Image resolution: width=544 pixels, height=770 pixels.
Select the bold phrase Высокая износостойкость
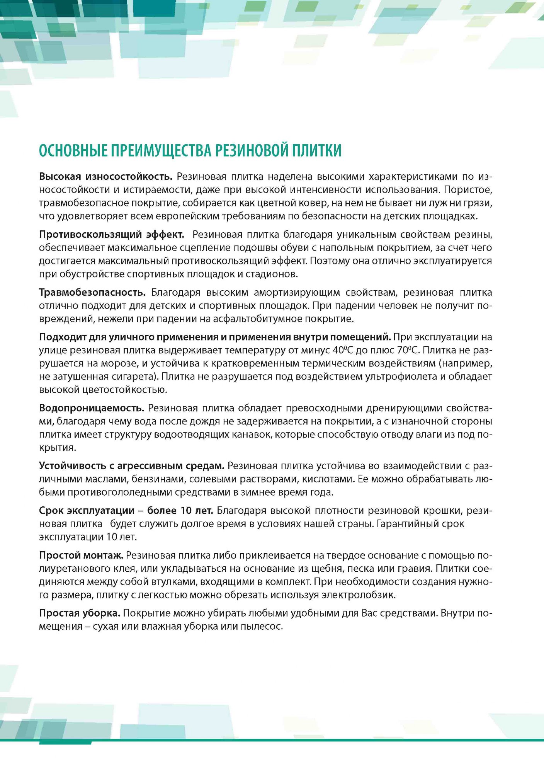pos(105,177)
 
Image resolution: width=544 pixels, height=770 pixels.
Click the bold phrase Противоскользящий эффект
pos(111,235)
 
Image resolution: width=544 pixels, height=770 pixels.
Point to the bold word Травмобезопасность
pos(92,293)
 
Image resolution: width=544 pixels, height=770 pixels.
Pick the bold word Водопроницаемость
pos(92,408)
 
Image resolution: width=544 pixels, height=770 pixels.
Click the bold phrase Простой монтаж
pos(81,555)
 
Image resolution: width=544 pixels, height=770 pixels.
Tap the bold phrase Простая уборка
pos(80,613)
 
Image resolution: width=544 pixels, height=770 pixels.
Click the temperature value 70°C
pos(406,351)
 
